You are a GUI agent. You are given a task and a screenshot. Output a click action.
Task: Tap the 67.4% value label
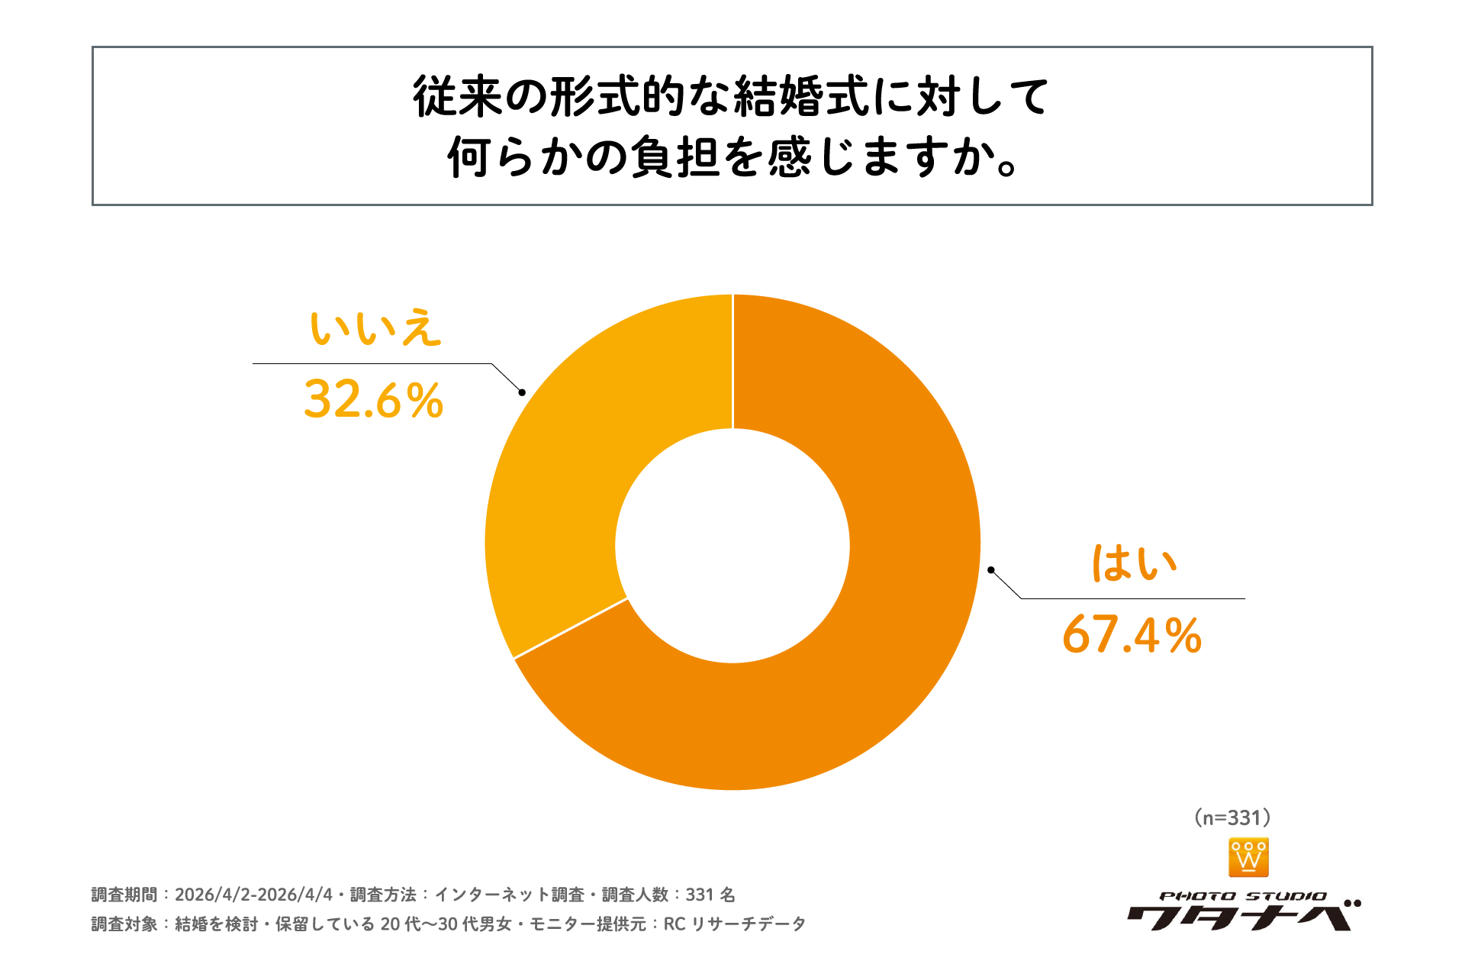[x=1132, y=635]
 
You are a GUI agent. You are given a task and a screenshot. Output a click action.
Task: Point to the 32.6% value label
[x=373, y=399]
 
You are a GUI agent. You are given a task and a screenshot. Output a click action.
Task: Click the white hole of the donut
[x=732, y=546]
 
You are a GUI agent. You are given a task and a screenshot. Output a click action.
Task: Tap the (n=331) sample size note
[x=1232, y=817]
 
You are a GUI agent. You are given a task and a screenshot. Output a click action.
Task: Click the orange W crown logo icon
[x=1248, y=857]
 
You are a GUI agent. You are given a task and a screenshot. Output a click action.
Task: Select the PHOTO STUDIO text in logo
[x=1243, y=896]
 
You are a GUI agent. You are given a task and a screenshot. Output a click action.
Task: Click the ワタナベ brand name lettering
[x=1240, y=916]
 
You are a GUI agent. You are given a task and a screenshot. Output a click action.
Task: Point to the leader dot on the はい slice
[x=990, y=569]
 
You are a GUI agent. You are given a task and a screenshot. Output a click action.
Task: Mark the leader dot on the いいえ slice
[x=522, y=392]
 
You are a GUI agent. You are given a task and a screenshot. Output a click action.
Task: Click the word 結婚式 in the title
[x=800, y=97]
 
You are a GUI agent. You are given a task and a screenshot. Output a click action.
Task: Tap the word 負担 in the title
[x=675, y=157]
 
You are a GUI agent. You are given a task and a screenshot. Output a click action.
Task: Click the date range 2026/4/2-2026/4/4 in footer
[x=253, y=895]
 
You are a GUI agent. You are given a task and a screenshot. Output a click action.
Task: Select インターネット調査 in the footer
[x=509, y=895]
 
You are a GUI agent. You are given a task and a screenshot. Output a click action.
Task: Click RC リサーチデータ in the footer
[x=734, y=924]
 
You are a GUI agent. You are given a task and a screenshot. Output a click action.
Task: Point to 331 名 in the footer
[x=710, y=895]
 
